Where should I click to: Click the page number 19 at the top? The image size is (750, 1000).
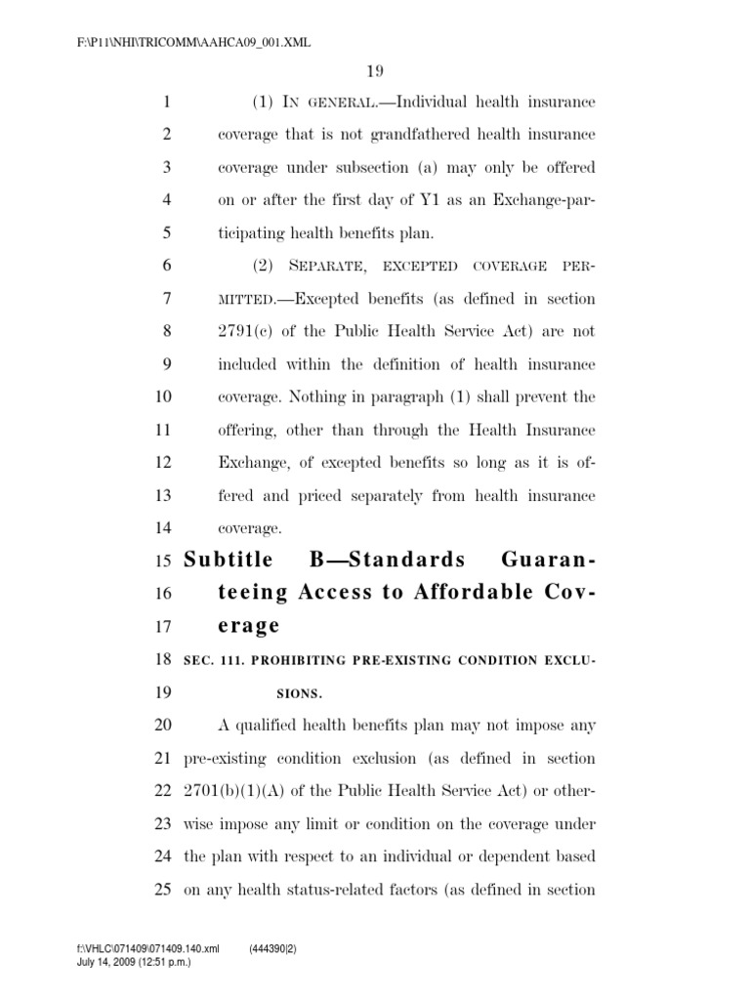click(376, 70)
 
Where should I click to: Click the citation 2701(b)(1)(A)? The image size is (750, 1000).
click(239, 791)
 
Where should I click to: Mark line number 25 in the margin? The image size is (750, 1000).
click(163, 891)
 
